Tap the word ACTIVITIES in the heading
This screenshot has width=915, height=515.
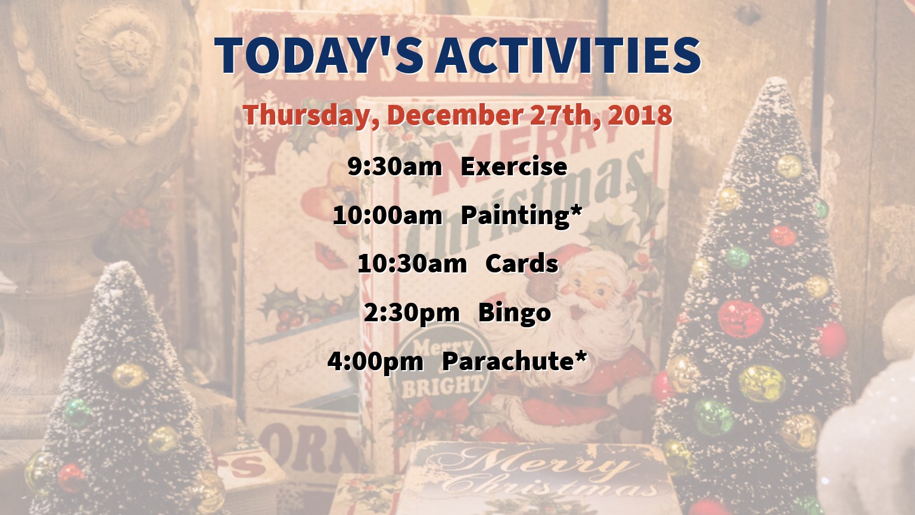(x=568, y=55)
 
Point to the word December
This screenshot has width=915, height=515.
(x=455, y=115)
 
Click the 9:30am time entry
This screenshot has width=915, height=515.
(x=394, y=166)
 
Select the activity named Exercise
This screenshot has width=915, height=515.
(x=514, y=166)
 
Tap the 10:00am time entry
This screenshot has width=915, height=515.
(x=388, y=215)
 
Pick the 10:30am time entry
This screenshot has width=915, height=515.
(x=412, y=263)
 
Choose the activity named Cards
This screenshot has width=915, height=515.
(x=522, y=263)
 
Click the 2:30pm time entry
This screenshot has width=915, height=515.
(x=412, y=314)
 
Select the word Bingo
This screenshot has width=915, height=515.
(x=515, y=314)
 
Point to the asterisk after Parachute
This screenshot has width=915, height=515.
(x=580, y=357)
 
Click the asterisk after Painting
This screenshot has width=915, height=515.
(x=575, y=211)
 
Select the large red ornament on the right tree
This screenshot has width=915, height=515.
(x=740, y=319)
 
